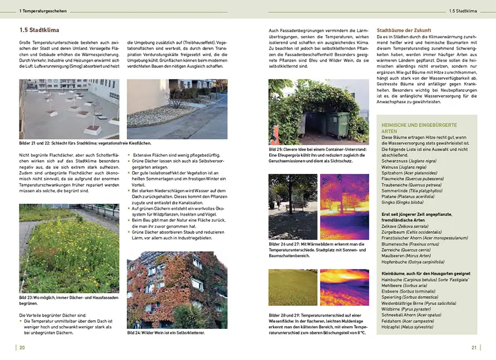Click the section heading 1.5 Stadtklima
point(39,31)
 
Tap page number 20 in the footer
point(22,348)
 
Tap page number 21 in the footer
point(474,348)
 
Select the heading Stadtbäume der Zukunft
point(404,30)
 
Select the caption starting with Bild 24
point(166,332)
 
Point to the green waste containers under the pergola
point(334,126)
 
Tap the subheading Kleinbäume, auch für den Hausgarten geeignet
point(425,273)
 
